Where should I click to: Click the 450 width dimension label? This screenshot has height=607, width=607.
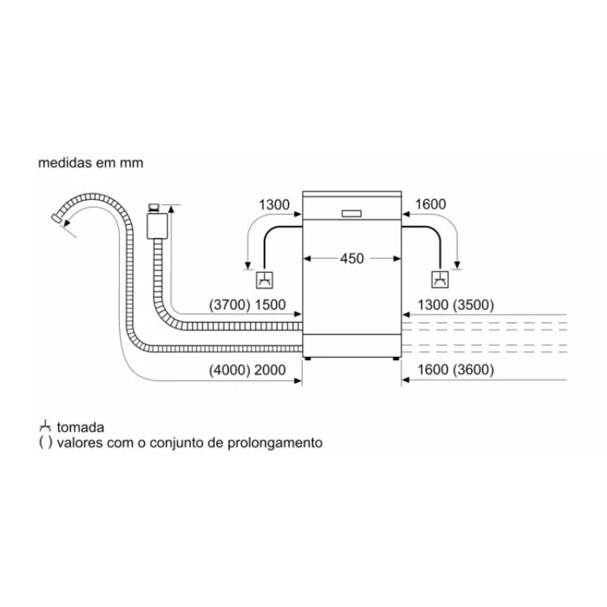coord(352,258)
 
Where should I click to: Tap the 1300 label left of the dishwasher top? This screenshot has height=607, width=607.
coord(274,205)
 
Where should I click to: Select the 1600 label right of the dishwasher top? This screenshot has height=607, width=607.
coord(431,204)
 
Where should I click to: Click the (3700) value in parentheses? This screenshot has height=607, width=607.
coord(230,304)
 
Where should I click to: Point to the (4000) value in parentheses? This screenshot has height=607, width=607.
coord(230,370)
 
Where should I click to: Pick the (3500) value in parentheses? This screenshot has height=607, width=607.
coord(473,304)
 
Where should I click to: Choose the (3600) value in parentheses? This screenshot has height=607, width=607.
coord(473,370)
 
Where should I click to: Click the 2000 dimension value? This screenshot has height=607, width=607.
coord(270,370)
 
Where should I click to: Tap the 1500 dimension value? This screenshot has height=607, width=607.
coord(270,304)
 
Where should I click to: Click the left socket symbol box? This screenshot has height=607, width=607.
coord(265,280)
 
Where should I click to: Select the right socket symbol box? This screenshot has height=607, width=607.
coord(440,279)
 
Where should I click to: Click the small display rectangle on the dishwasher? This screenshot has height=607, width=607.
coord(351,214)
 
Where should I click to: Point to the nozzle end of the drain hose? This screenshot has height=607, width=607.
coord(57,218)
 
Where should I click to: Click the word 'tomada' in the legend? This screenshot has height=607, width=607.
coord(80,427)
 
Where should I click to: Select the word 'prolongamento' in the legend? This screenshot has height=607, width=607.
coord(275,443)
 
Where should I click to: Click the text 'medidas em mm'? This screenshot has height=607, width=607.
coord(91,163)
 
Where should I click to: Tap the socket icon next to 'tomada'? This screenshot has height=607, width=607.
coord(45,426)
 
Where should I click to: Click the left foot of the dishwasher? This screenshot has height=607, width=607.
coord(308,359)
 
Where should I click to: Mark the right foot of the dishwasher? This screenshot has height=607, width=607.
coord(396,359)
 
